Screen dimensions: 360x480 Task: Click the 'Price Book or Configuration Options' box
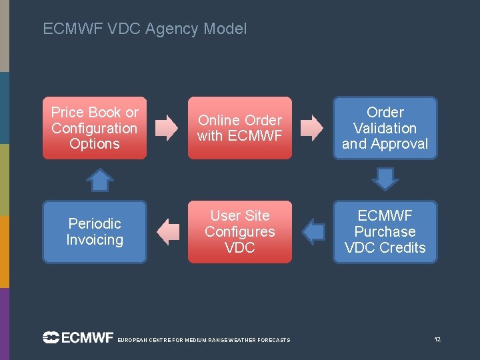tap(95, 128)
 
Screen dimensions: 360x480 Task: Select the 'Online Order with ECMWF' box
tap(240, 128)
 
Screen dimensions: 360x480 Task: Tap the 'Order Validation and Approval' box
tap(385, 128)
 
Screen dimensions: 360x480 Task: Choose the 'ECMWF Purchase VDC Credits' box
tap(385, 232)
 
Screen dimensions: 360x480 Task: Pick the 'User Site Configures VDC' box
tap(240, 232)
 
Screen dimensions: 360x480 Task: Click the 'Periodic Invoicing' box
tap(95, 232)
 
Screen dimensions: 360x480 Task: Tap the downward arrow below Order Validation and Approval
tap(385, 179)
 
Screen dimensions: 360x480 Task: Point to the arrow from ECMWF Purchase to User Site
tap(313, 232)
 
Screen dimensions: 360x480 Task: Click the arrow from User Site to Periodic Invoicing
tap(168, 232)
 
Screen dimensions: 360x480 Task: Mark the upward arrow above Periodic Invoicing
tap(100, 179)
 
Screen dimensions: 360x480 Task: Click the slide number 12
tap(437, 340)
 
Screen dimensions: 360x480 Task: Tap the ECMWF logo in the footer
tap(78, 338)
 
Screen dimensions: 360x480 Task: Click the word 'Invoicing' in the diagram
tap(95, 240)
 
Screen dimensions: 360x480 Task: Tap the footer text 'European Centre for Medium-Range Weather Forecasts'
tap(203, 341)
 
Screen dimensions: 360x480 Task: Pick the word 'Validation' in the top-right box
tap(385, 128)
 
